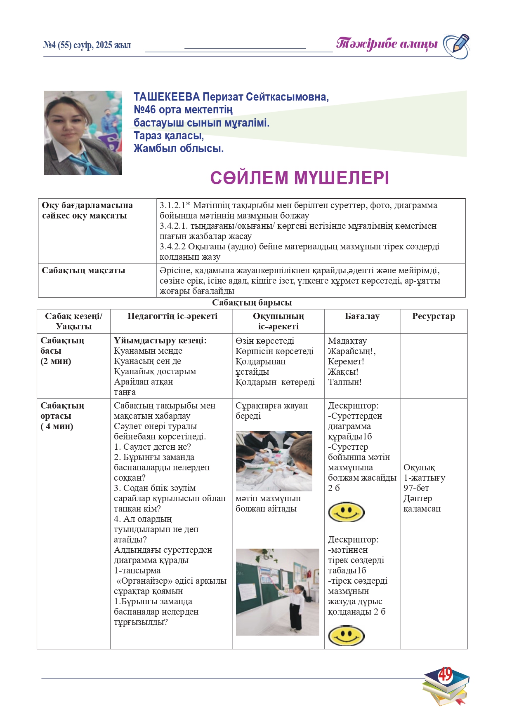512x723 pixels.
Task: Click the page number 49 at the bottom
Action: tap(445, 675)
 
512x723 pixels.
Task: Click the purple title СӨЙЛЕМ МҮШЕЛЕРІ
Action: tap(300, 178)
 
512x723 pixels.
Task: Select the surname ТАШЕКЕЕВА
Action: tap(166, 97)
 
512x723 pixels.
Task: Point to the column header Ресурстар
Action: tap(433, 316)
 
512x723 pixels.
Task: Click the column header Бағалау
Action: tap(362, 316)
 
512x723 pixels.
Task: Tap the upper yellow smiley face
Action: tap(346, 512)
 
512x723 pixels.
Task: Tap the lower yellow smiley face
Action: tap(346, 635)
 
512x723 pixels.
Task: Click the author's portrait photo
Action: tap(83, 133)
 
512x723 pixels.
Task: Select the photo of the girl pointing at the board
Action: tap(277, 592)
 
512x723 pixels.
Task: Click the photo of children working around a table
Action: tap(274, 461)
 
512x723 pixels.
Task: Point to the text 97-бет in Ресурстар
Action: tap(416, 488)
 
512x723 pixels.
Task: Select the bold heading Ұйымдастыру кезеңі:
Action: tap(160, 340)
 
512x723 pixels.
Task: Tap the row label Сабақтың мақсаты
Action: tap(83, 271)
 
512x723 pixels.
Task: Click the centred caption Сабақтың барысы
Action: tap(252, 303)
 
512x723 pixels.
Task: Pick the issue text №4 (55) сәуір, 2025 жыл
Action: tap(87, 45)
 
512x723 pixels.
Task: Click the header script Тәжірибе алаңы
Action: tap(387, 44)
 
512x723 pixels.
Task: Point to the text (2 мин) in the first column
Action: tap(56, 361)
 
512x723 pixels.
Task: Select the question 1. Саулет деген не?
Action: tap(152, 447)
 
